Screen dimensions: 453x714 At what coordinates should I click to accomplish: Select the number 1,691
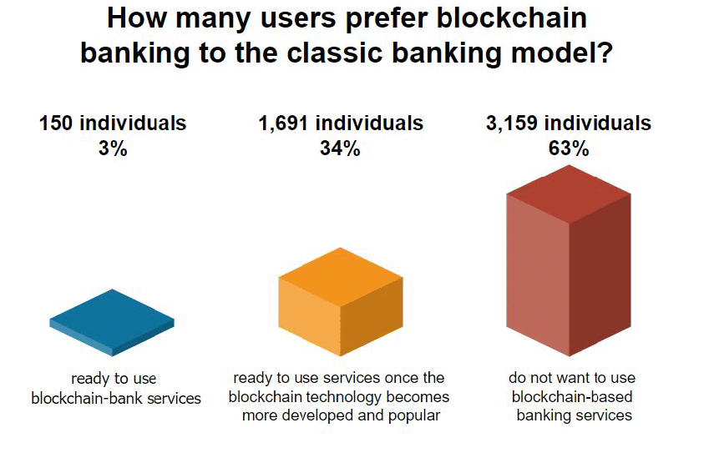click(285, 123)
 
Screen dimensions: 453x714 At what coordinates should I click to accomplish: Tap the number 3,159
click(513, 123)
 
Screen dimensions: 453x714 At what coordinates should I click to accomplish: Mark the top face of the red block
click(569, 194)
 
